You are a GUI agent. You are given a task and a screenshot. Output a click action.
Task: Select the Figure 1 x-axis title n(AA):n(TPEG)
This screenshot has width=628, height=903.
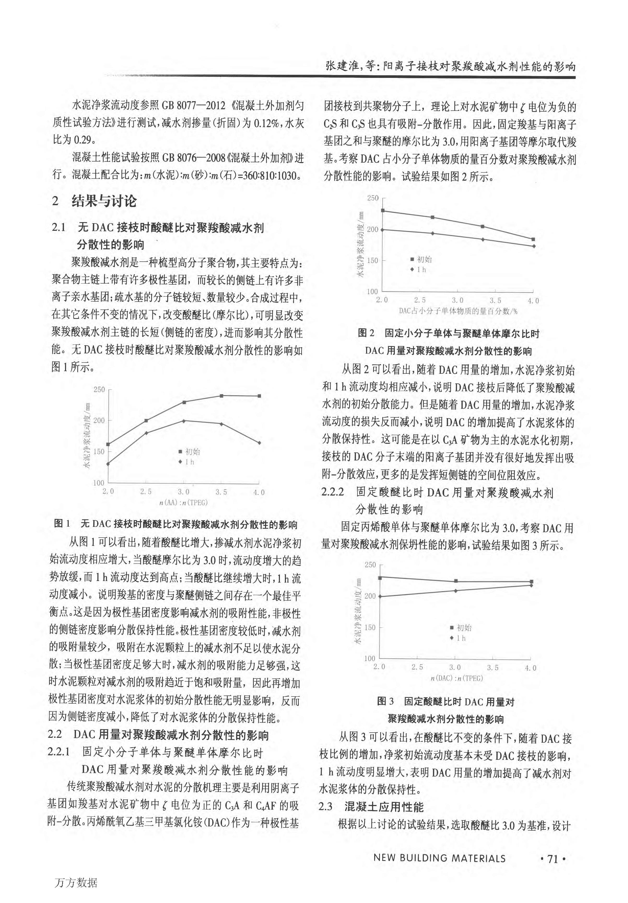pos(183,503)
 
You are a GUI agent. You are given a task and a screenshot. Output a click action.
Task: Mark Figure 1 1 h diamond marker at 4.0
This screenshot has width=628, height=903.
pos(259,443)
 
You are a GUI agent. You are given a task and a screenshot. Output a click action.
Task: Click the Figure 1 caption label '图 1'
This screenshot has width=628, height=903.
pos(62,524)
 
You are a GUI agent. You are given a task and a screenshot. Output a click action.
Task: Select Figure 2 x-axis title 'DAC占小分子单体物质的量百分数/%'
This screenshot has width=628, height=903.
pos(458,311)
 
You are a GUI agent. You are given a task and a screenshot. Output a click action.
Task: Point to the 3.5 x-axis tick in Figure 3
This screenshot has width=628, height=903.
pos(492,668)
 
